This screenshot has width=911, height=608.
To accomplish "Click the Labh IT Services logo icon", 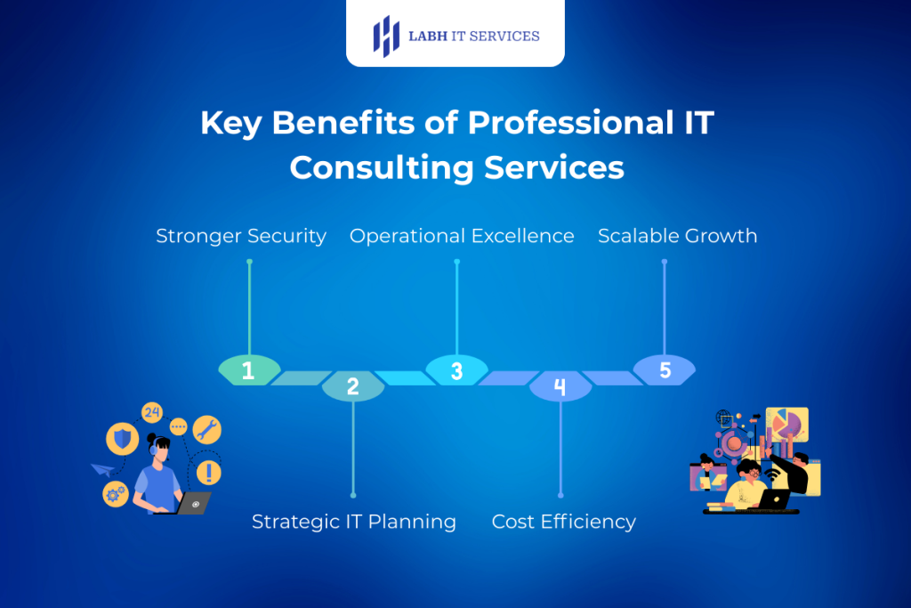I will pyautogui.click(x=385, y=36).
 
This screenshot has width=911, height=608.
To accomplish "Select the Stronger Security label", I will pyautogui.click(x=241, y=236).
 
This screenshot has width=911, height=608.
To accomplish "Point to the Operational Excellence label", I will pyautogui.click(x=462, y=236).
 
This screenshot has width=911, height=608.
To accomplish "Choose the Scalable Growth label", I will pyautogui.click(x=677, y=236).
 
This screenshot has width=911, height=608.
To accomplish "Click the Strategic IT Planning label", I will pyautogui.click(x=353, y=522).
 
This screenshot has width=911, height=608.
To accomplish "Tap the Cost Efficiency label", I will pyautogui.click(x=563, y=522).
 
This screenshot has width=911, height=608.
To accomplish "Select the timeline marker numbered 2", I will pyautogui.click(x=352, y=386).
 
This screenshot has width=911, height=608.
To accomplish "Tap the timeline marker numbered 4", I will pyautogui.click(x=560, y=386).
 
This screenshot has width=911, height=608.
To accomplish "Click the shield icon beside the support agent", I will pyautogui.click(x=122, y=438).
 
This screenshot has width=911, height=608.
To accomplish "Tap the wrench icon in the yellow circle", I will pyautogui.click(x=206, y=430).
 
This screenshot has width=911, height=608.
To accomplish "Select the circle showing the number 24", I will pyautogui.click(x=152, y=412).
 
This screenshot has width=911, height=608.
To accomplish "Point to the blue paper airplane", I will pyautogui.click(x=102, y=470).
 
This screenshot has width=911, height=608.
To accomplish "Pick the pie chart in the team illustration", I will pyautogui.click(x=786, y=423).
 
